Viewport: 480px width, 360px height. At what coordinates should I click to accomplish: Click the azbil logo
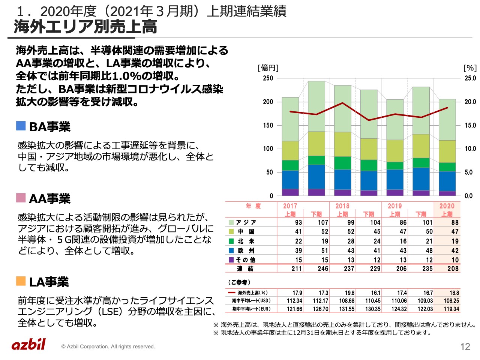[x=28, y=344]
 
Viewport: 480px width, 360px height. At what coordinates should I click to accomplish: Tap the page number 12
[x=465, y=346]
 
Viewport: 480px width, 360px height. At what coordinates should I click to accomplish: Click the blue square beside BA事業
[x=21, y=126]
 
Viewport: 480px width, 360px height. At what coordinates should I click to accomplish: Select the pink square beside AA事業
[x=21, y=198]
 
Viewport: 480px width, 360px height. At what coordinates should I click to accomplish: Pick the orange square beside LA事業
[x=21, y=281]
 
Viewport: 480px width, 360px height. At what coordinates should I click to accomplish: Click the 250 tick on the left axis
[x=268, y=78]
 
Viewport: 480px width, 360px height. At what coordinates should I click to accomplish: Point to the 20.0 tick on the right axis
[x=470, y=102]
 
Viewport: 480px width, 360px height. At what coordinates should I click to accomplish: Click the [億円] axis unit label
[x=268, y=68]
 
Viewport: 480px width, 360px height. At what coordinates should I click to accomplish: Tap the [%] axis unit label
[x=470, y=68]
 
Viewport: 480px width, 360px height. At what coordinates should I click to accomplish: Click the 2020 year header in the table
[x=447, y=206]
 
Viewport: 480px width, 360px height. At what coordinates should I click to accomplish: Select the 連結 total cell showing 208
[x=453, y=268]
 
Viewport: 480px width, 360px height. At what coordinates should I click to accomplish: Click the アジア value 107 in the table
[x=322, y=222]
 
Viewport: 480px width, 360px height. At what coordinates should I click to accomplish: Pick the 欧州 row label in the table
[x=246, y=250]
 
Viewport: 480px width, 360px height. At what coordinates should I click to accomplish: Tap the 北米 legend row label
[x=246, y=241]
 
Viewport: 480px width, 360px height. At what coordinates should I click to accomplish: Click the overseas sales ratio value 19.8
[x=349, y=293]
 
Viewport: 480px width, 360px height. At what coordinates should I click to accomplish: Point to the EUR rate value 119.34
[x=451, y=309]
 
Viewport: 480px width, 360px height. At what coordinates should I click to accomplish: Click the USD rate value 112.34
[x=294, y=301]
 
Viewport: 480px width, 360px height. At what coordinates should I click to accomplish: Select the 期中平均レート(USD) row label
[x=251, y=301]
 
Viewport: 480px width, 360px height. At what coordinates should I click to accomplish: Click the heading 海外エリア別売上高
[x=85, y=27]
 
